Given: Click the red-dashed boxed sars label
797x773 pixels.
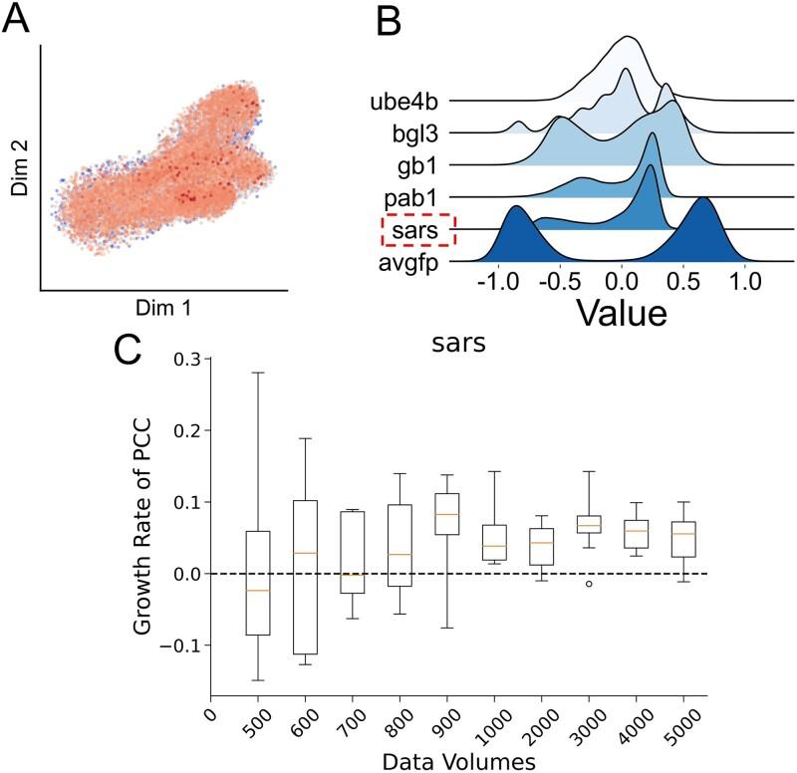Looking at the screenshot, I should tap(419, 230).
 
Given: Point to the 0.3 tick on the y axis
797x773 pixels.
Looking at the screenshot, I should tap(185, 359).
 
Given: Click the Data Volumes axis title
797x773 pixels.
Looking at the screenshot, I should tap(458, 760).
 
